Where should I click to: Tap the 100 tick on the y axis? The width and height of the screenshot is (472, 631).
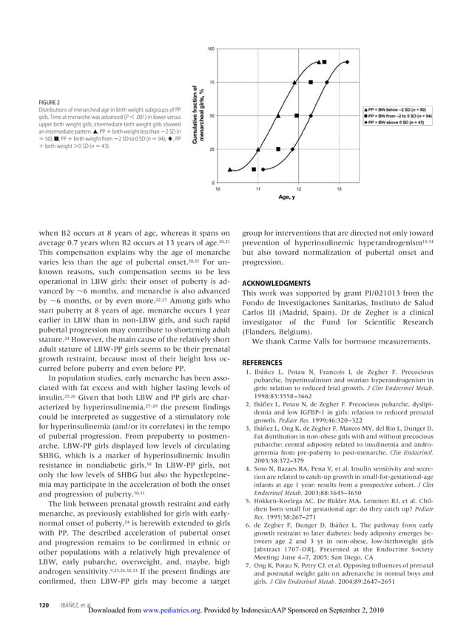pyautogui.click(x=211, y=49)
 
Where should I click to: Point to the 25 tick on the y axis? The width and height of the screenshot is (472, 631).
pyautogui.click(x=212, y=149)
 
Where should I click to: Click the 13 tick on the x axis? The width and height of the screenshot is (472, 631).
pyautogui.click(x=340, y=189)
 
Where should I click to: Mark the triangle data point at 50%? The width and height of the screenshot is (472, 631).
pyautogui.click(x=277, y=116)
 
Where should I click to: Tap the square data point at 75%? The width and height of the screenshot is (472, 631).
pyautogui.click(x=311, y=83)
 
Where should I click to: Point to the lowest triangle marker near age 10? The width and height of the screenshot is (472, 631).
pyautogui.click(x=229, y=169)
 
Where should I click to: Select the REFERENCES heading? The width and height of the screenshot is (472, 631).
pyautogui.click(x=262, y=362)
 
